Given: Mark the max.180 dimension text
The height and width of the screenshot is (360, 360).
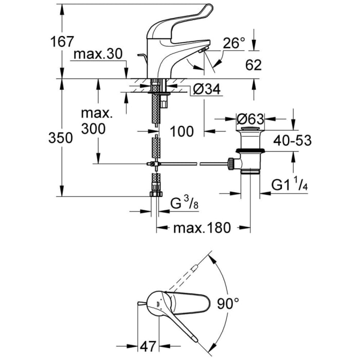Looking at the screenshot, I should (x=202, y=227).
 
